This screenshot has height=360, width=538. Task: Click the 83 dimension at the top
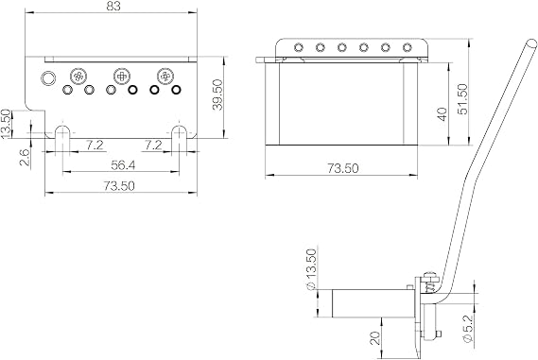113,7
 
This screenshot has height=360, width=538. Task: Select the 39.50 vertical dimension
217,94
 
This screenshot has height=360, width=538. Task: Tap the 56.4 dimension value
123,165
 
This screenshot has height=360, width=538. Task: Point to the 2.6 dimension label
25,158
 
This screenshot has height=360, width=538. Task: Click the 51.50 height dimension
462,99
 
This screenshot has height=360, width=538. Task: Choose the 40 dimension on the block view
442,114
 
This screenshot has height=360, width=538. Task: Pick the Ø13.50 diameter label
310,269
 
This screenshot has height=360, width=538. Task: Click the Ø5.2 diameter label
468,328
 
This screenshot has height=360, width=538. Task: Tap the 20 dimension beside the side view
376,338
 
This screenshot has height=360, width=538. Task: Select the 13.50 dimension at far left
6,124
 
